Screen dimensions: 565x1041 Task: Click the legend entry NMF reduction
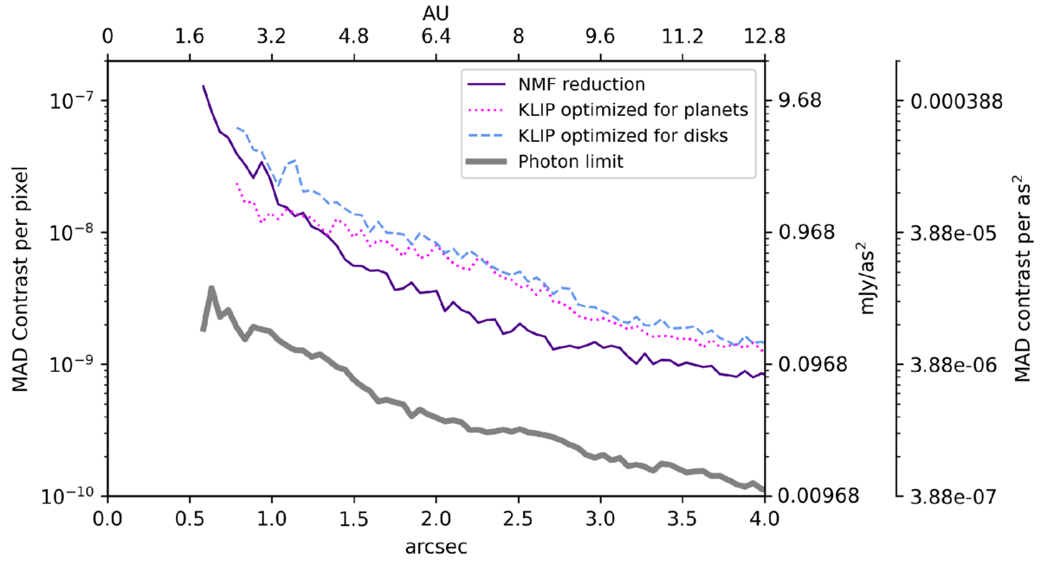[581, 85]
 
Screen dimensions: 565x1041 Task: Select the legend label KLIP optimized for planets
[632, 110]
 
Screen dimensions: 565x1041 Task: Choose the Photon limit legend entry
[566, 160]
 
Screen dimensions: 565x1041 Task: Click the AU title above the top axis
[436, 13]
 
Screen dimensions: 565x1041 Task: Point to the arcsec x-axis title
[436, 547]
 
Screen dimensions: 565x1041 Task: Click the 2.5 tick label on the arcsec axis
[518, 520]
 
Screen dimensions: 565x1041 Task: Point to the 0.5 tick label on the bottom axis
[190, 520]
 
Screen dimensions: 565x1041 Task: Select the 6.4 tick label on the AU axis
[436, 37]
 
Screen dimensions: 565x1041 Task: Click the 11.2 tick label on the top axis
[682, 37]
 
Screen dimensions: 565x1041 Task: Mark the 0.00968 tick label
[813, 497]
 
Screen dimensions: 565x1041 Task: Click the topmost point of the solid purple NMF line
[204, 86]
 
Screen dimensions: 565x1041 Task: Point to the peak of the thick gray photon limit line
[210, 289]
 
